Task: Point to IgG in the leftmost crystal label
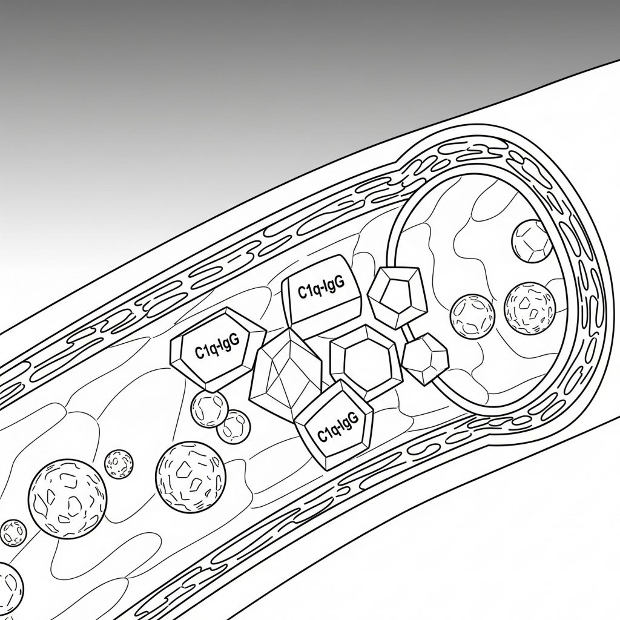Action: [x=229, y=343]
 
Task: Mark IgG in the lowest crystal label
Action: [x=349, y=420]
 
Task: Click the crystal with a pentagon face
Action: [x=397, y=297]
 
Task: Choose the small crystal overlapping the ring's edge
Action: [x=425, y=359]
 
